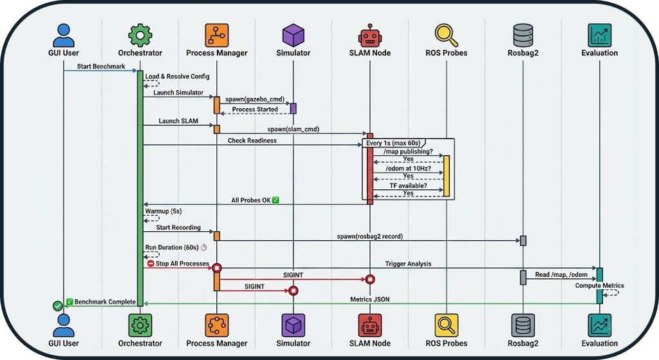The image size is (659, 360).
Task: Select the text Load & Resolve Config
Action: pyautogui.click(x=177, y=77)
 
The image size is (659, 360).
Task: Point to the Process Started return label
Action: pyautogui.click(x=255, y=109)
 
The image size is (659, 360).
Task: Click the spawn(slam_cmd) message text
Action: pyautogui.click(x=293, y=129)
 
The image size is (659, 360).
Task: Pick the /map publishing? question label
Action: pyautogui.click(x=408, y=151)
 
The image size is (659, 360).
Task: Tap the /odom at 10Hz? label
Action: pyautogui.click(x=408, y=169)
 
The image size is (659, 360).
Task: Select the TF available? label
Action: pyautogui.click(x=408, y=185)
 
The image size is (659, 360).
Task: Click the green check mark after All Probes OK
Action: pyautogui.click(x=275, y=200)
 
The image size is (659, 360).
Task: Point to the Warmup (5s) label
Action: pyautogui.click(x=164, y=211)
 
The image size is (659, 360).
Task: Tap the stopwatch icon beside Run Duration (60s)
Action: pyautogui.click(x=204, y=247)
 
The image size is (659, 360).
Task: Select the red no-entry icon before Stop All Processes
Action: pyautogui.click(x=151, y=263)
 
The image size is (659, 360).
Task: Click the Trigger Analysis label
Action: pyautogui.click(x=408, y=263)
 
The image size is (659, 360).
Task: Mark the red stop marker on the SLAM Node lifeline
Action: pyautogui.click(x=370, y=279)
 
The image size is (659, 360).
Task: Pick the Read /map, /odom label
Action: pyautogui.click(x=561, y=275)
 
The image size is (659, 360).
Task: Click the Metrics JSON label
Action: pyautogui.click(x=369, y=299)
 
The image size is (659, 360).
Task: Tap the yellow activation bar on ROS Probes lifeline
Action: pyautogui.click(x=445, y=175)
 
